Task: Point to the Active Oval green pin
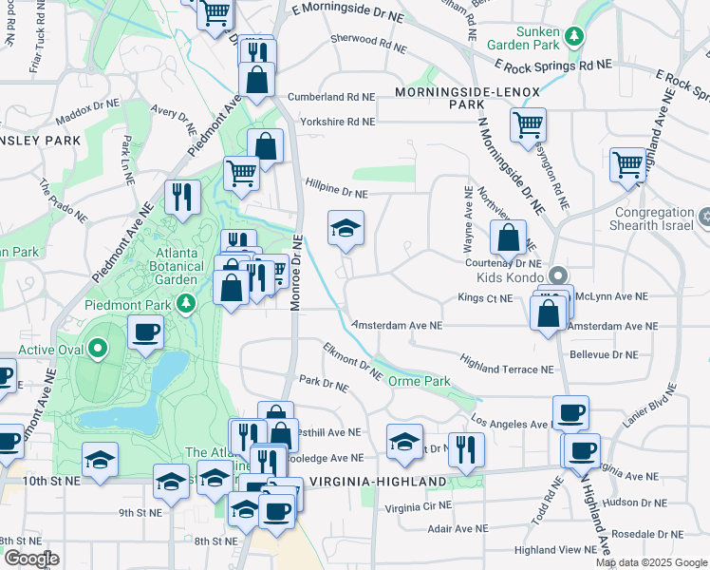[x=98, y=349]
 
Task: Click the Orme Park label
[x=419, y=380]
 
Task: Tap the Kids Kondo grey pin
[x=558, y=275]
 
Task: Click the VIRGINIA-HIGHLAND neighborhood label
[x=376, y=481]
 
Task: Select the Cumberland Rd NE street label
[x=338, y=97]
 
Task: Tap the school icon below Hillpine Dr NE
[x=346, y=228]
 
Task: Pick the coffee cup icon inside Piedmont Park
[x=144, y=332]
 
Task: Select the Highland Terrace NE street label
[x=506, y=364]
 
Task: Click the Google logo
[x=32, y=558]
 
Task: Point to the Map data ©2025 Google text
[x=652, y=562]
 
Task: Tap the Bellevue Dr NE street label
[x=604, y=354]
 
